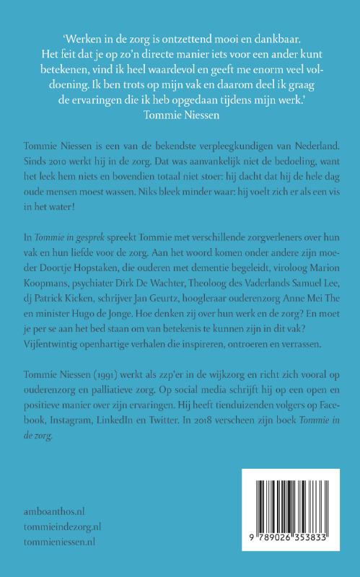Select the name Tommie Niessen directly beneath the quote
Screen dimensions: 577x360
point(180,114)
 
